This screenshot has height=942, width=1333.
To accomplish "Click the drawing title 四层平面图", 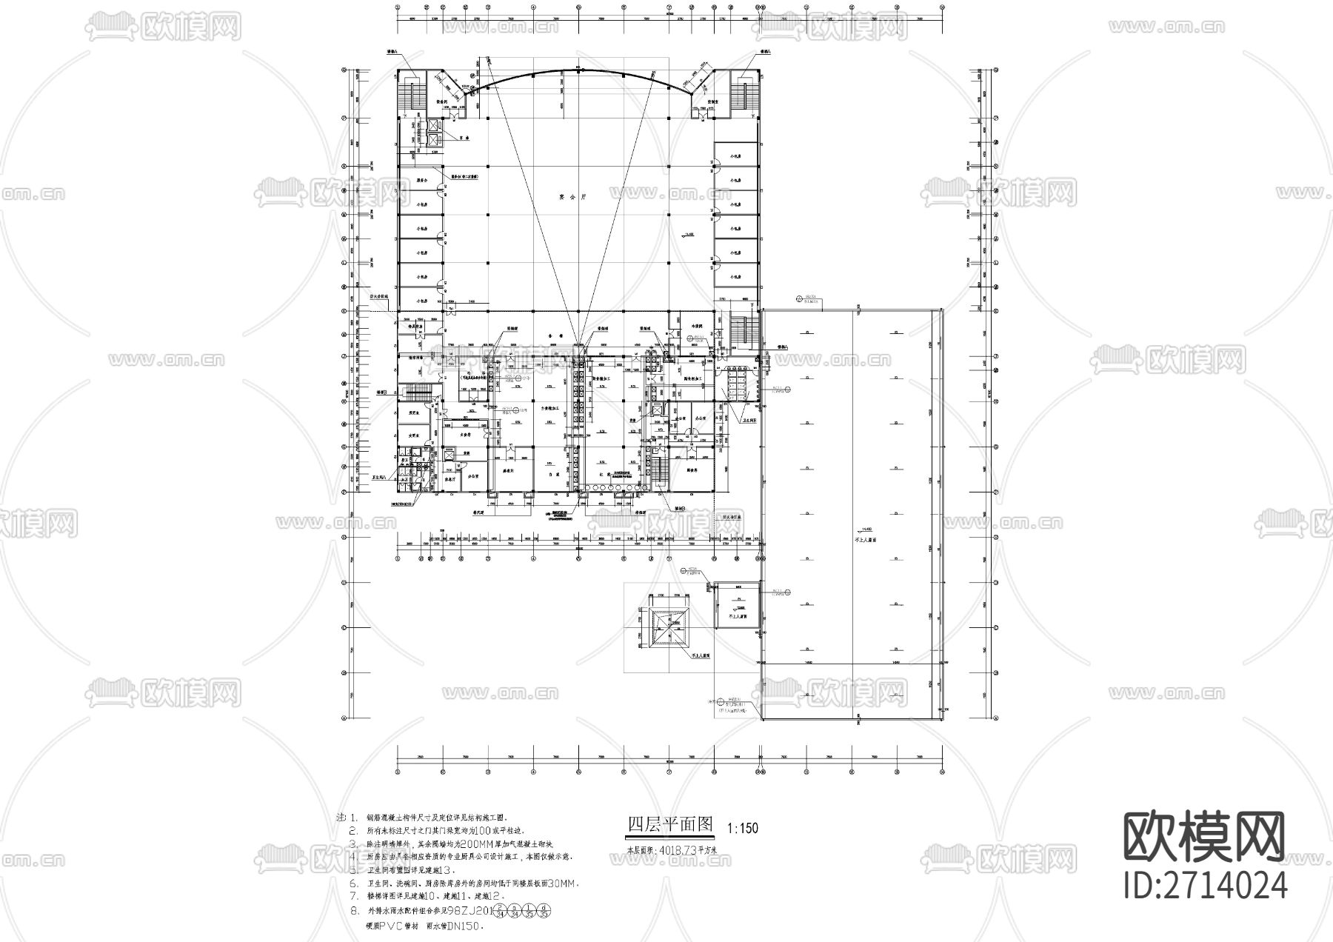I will (669, 824).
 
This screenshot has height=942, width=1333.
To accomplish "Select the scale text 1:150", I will (743, 829).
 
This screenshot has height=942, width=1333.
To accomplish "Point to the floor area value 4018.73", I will (679, 851).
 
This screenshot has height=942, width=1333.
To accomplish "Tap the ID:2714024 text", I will (1205, 884).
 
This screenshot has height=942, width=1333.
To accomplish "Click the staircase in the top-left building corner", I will (408, 95).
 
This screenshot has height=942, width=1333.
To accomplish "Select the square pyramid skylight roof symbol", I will (669, 627).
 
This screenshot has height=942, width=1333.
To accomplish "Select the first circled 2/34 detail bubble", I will (501, 911).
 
